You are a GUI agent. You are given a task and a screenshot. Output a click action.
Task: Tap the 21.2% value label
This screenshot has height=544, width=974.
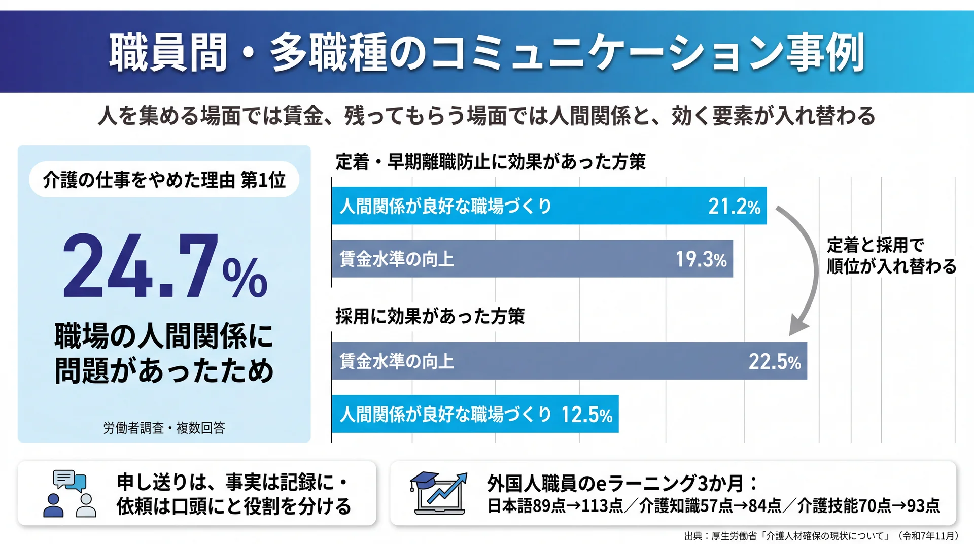[734, 206]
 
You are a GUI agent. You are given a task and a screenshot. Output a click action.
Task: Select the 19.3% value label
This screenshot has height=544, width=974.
[701, 259]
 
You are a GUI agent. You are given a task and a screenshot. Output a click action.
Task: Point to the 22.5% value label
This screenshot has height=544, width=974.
[775, 361]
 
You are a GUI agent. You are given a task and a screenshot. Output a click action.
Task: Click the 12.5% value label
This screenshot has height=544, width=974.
[587, 415]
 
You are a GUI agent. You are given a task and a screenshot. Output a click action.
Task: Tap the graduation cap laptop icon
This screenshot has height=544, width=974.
[438, 493]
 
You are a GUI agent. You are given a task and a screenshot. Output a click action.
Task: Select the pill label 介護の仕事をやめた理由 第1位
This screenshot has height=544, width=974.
[164, 180]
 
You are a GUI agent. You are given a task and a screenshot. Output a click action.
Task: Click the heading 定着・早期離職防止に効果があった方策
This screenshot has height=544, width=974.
[491, 162]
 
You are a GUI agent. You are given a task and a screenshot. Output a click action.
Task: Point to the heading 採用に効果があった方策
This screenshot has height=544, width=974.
[430, 316]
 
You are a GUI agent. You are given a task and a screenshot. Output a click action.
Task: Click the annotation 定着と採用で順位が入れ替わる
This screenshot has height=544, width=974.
[891, 256]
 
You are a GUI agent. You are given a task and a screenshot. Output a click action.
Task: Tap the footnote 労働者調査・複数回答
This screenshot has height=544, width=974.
[164, 428]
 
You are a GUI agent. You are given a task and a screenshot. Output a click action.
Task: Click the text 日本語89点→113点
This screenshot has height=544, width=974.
[555, 506]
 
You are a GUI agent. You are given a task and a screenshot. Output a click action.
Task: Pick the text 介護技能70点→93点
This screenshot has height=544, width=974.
[868, 506]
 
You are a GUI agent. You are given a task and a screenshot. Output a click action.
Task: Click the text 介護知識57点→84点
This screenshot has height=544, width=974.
[710, 506]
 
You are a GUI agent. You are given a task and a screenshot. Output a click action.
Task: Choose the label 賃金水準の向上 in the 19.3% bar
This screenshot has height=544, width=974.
[397, 259]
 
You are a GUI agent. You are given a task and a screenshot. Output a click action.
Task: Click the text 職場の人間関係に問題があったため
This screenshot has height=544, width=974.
[164, 353]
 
